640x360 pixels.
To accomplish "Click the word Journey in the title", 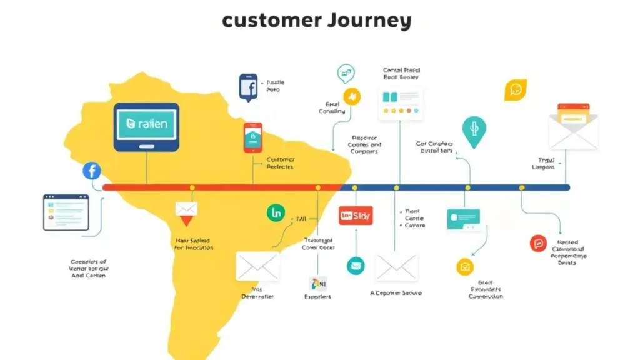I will click(369, 21).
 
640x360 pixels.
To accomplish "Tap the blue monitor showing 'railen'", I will click(146, 127).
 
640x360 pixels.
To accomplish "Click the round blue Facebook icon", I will click(92, 171).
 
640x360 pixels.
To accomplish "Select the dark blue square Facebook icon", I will click(248, 87).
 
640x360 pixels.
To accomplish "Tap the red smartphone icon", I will click(252, 137).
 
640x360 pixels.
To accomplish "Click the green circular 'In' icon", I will click(276, 212).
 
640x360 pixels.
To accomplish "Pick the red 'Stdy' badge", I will click(355, 216).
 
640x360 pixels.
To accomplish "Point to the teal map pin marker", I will click(474, 131).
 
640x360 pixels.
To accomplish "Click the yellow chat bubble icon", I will click(516, 89).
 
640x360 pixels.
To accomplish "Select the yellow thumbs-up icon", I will click(353, 96).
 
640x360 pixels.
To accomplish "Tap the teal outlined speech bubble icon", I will click(346, 73).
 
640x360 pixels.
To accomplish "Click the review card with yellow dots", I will click(401, 102).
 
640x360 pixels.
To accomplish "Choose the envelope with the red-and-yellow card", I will click(573, 126).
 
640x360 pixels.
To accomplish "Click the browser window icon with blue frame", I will click(66, 212).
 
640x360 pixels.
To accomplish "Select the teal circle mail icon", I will click(356, 266).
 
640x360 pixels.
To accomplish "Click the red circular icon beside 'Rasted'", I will click(537, 244).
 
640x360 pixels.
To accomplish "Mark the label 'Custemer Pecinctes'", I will click(280, 163).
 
